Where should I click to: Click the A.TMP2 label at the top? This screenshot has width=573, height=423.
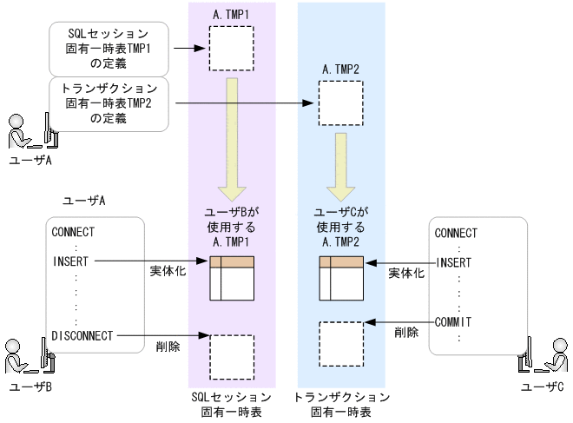tap(340, 69)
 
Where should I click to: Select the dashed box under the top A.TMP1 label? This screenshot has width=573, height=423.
tap(232, 48)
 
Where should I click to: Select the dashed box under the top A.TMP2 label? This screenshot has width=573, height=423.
tap(340, 103)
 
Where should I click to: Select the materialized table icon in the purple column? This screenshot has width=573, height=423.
tap(232, 279)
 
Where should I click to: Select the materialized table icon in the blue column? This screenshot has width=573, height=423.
tap(340, 279)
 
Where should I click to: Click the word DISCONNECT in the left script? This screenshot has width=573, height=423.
tap(83, 335)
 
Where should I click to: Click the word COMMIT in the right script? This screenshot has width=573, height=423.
tap(452, 321)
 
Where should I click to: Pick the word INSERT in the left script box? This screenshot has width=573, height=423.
tap(71, 261)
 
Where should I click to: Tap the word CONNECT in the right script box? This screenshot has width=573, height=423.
tap(456, 233)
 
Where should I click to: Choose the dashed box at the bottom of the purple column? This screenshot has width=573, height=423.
tap(232, 356)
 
